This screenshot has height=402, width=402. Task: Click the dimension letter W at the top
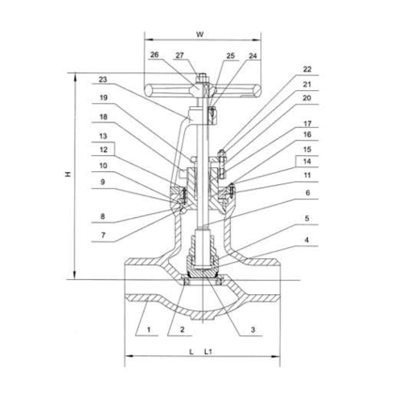(200, 35)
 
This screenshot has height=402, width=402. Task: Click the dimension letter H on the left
(68, 174)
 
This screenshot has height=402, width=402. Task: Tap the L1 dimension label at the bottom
(208, 351)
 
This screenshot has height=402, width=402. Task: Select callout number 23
(103, 80)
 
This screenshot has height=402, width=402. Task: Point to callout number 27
(179, 55)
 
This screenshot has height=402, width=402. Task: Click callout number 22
(307, 69)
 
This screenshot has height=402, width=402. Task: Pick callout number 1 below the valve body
(149, 330)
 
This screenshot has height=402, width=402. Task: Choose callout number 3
(252, 330)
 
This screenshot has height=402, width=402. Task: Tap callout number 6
(308, 192)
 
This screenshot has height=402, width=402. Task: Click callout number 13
(103, 136)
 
